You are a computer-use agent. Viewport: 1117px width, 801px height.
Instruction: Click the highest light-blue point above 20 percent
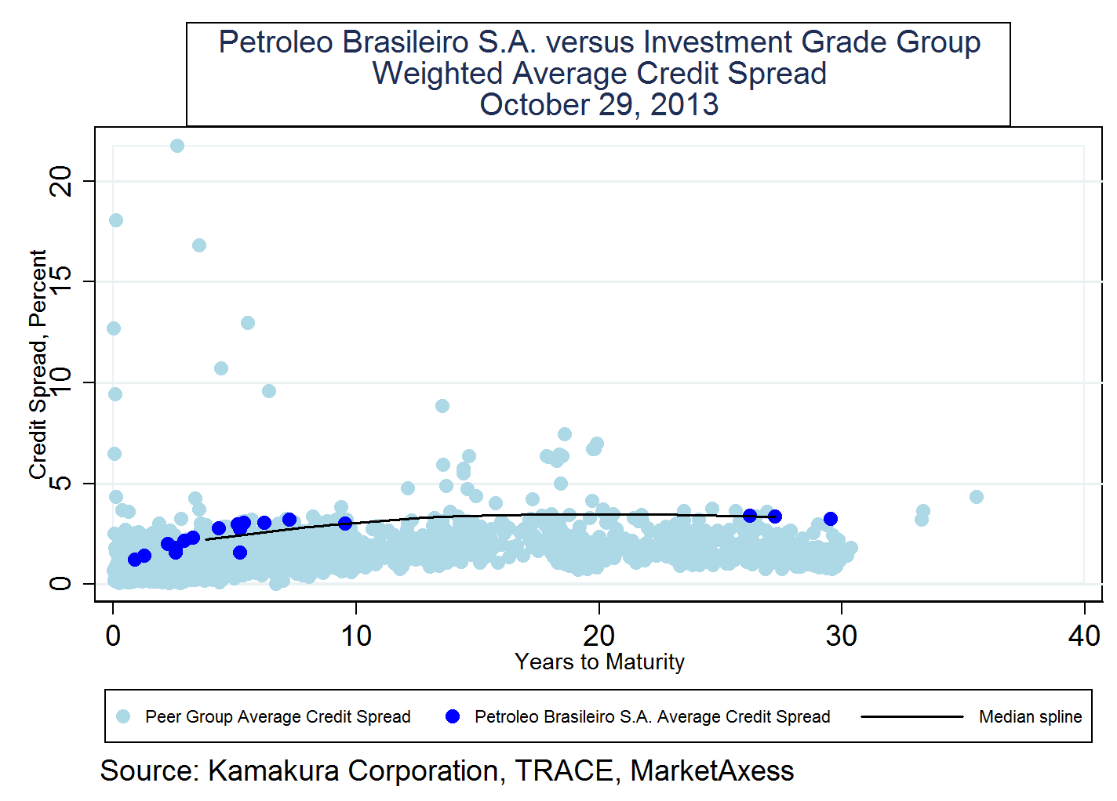coord(177,146)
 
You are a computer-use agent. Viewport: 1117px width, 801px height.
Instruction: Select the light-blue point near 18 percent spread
coord(116,220)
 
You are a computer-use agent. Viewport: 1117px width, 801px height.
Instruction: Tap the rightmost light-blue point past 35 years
coord(977,497)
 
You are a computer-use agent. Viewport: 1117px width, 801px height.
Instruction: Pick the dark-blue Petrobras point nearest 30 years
coord(831,519)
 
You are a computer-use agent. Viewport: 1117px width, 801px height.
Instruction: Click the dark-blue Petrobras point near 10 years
coord(345,524)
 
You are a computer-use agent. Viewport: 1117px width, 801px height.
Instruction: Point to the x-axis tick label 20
coord(599,636)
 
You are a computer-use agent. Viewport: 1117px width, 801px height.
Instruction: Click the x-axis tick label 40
coord(1084,636)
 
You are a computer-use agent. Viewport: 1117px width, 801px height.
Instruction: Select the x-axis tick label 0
coord(113,636)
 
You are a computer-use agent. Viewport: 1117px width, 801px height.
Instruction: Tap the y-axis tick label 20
coord(60,181)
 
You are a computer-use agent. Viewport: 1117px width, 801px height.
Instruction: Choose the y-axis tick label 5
coord(60,483)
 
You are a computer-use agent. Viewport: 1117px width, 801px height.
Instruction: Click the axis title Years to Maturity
coord(599,662)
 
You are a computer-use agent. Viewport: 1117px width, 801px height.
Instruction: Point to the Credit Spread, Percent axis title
coord(38,364)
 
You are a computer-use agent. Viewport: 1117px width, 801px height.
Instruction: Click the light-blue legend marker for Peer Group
coord(123,716)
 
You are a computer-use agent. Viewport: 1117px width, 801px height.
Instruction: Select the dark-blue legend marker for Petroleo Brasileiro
coord(453,716)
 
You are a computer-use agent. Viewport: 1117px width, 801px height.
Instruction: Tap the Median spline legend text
coord(1030,716)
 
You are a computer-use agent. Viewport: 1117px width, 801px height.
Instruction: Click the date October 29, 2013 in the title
coord(599,104)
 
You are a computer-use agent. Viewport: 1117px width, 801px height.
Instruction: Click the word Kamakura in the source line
coord(274,771)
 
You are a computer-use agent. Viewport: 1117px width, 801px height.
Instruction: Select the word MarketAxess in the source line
coord(711,771)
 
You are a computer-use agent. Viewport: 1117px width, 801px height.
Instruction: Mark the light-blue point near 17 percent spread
coord(199,245)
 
